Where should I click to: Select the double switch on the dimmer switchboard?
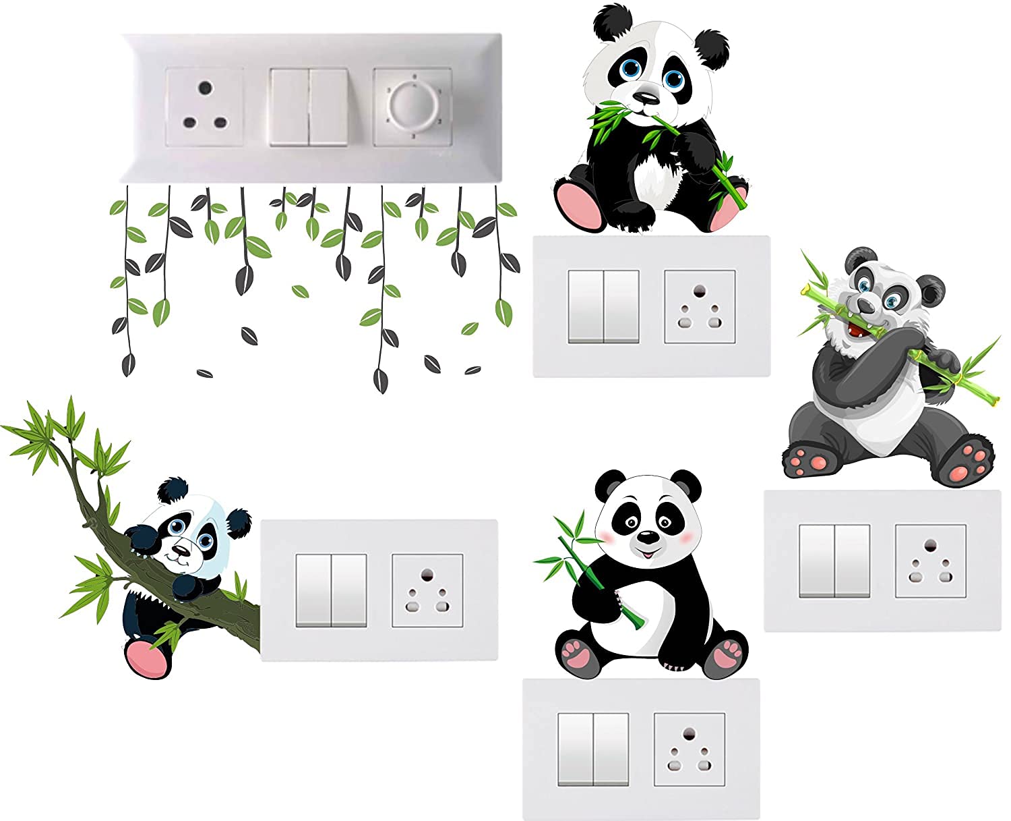click(x=309, y=107)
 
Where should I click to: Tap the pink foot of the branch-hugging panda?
click(x=146, y=658)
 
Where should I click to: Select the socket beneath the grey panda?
click(x=930, y=561)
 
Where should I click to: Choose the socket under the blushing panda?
click(x=690, y=749)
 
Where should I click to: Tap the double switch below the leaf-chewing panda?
click(x=603, y=306)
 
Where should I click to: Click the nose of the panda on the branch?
click(x=179, y=551)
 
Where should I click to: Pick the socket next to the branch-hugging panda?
click(x=427, y=590)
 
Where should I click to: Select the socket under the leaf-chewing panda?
click(x=700, y=306)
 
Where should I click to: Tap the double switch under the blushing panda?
click(x=593, y=749)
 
